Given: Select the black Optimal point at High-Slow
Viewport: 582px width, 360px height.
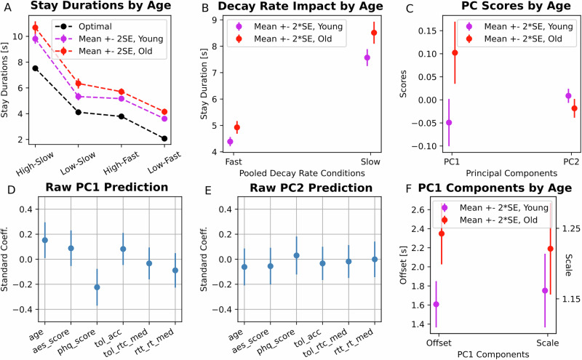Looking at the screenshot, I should (35, 68).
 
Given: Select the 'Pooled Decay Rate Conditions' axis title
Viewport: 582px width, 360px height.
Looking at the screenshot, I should (298, 175).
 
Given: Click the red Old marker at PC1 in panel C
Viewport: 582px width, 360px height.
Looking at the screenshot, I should (455, 52).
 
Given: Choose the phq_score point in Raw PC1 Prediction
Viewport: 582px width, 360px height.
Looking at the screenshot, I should (97, 287).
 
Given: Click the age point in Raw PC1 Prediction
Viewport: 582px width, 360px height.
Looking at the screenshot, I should (45, 240).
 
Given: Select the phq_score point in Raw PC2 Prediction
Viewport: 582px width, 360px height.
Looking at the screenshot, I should (296, 255).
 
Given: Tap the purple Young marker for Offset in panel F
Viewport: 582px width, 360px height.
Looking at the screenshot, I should (436, 304).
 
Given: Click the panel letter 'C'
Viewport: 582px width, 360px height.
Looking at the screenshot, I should (410, 8).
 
